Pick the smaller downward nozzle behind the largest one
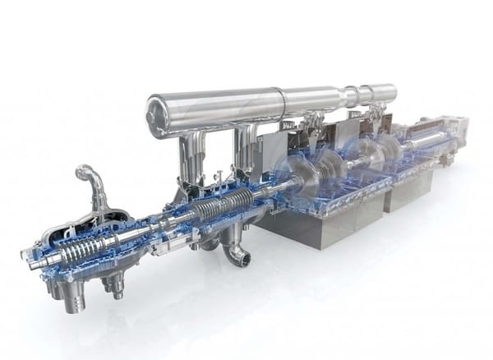(x=110, y=283)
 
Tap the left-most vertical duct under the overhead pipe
(x=189, y=156)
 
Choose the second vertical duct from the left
(x=245, y=148)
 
